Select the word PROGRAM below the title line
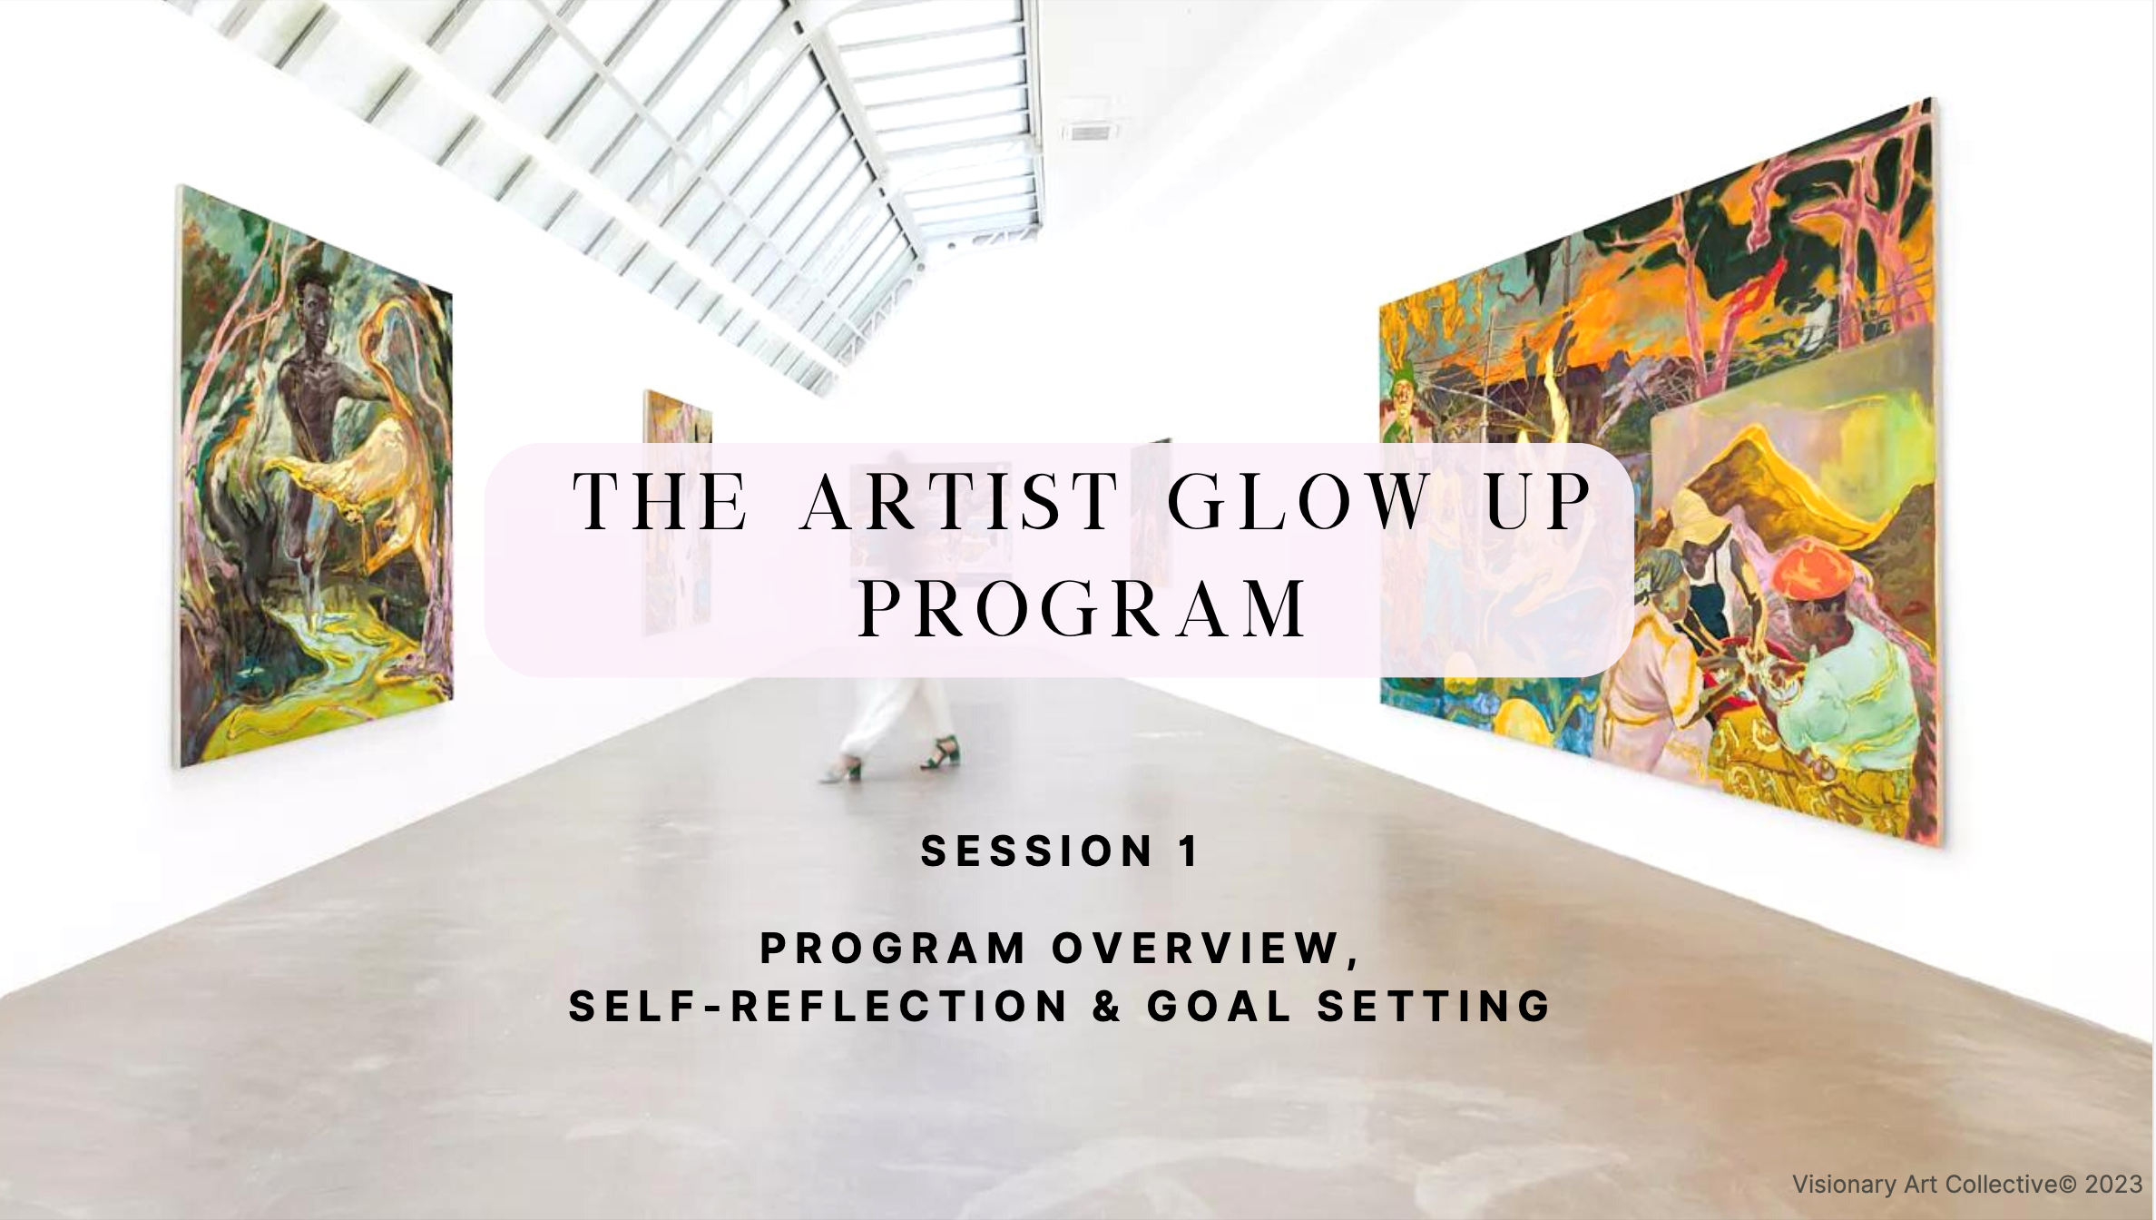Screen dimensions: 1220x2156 pyautogui.click(x=1083, y=609)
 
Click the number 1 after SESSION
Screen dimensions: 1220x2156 pyautogui.click(x=1189, y=851)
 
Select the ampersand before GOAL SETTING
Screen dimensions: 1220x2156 pyautogui.click(x=1107, y=1007)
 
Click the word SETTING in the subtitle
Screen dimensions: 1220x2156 pyautogui.click(x=1434, y=1007)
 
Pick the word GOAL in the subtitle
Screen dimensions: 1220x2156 pyautogui.click(x=1220, y=1007)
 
